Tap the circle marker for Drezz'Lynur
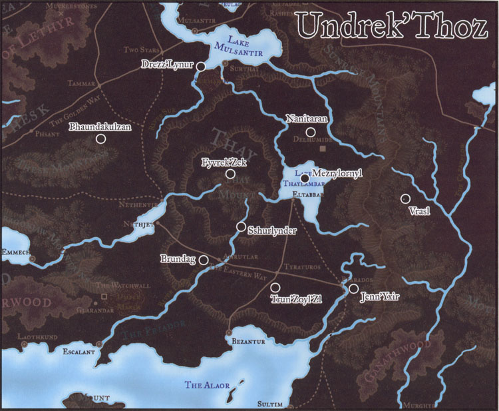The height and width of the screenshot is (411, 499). click(200, 66)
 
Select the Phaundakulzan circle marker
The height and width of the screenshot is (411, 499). click(100, 139)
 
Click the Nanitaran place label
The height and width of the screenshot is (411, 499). click(309, 118)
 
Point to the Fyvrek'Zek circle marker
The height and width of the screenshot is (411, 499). click(230, 174)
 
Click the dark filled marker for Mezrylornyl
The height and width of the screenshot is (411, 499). click(304, 179)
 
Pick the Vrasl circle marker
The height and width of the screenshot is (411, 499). click(405, 198)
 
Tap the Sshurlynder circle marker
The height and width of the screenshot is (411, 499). click(241, 226)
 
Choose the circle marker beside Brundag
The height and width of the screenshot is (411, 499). click(204, 260)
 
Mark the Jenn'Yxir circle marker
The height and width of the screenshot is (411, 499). click(353, 288)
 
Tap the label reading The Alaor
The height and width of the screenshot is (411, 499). click(202, 385)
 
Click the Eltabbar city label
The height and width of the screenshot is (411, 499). click(307, 195)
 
